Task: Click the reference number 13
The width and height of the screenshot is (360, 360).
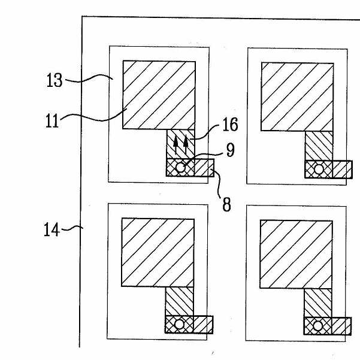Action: point(55,80)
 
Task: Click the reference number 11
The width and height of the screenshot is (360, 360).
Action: point(52,121)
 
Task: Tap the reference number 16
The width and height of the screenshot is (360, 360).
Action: point(230,124)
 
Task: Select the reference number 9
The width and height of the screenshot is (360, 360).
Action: point(230,150)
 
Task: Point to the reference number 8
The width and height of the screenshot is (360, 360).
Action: point(226,204)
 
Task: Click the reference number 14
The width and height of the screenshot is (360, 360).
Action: point(52,229)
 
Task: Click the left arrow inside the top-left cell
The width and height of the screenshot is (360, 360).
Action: point(176,144)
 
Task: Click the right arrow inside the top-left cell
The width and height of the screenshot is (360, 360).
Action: point(186,144)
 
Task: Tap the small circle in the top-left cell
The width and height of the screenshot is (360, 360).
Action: point(180,168)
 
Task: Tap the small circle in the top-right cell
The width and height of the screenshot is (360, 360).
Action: point(319,170)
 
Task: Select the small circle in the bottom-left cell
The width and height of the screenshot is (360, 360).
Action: point(179,325)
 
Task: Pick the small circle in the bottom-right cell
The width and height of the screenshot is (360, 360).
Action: point(317,326)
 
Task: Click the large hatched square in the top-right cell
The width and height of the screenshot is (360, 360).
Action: point(297,96)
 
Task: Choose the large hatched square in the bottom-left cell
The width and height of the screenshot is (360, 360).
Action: point(158,253)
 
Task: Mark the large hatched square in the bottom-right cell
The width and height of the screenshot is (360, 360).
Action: point(296,255)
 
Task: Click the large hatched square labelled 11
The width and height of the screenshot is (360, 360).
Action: point(159,95)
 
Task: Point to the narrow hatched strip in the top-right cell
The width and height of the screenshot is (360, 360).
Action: point(319,146)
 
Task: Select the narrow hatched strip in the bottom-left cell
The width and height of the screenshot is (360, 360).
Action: point(180,301)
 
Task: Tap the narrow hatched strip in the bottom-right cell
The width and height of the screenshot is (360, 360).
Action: point(318,303)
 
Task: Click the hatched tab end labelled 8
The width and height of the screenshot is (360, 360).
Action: point(204,168)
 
